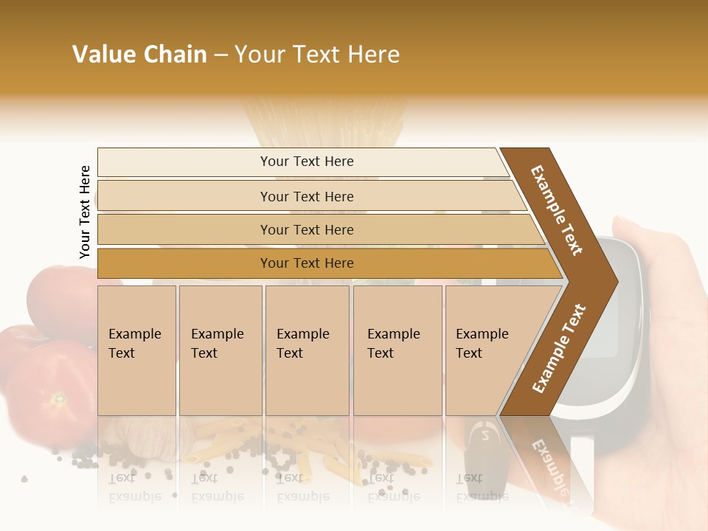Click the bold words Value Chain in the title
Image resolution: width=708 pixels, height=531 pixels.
pos(139,55)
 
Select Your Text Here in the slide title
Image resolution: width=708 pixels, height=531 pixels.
pos(317,55)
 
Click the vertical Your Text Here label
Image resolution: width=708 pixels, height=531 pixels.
pos(85,212)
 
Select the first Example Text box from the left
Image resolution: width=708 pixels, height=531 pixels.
pos(136,350)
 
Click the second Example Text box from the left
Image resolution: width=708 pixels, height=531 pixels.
pos(221,350)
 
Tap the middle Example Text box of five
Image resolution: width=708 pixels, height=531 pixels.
pos(307,350)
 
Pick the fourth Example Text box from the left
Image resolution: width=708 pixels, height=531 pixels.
pos(398,350)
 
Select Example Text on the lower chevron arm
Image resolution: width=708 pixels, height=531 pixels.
pos(558,348)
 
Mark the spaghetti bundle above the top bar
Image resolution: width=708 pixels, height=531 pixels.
pos(324,122)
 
